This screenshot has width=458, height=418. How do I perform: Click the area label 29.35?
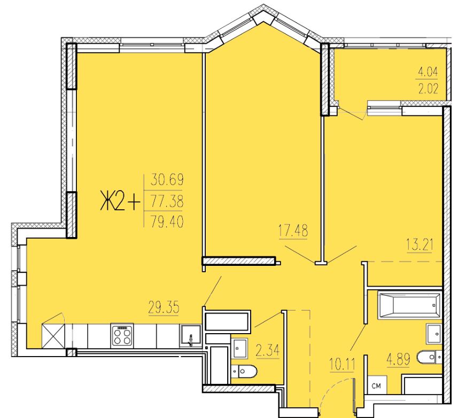pos(164,307)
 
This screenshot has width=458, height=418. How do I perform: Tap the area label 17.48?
pos(293,231)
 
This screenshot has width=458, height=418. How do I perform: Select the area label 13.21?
pos(420,245)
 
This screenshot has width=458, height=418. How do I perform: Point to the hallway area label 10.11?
pos(342,364)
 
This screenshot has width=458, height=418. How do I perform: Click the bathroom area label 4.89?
pos(399,359)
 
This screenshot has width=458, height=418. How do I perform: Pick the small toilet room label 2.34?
pos(268,350)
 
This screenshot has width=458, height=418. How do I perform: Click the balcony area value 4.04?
pos(428,72)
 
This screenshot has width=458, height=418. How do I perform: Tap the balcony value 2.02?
pos(428,89)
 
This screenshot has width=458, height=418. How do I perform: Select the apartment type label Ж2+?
pos(120,200)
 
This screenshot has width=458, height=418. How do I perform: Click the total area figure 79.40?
pos(167,222)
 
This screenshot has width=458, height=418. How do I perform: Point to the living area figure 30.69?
pos(167,180)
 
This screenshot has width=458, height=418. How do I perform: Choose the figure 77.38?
pos(167,201)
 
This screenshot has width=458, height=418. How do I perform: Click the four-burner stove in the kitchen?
pos(122,335)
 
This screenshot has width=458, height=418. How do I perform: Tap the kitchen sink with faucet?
pos(190,336)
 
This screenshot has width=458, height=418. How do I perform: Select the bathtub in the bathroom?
pos(409,305)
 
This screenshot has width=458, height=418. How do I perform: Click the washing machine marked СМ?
pos(377,385)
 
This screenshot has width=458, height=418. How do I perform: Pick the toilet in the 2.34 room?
pos(244,372)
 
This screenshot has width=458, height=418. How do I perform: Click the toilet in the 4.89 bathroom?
pos(429,357)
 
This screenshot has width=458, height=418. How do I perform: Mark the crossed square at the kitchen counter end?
pos(53,336)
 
